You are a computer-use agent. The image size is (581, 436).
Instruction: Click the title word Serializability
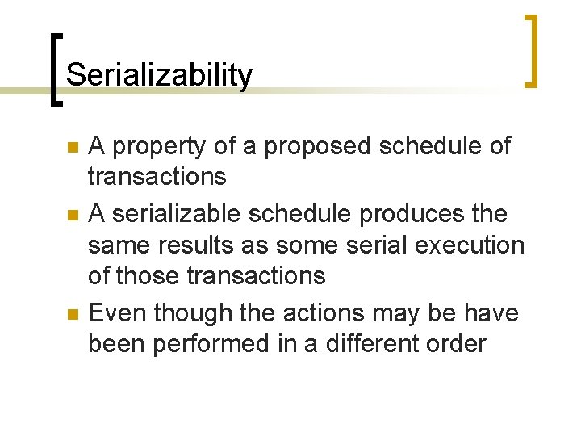[159, 75]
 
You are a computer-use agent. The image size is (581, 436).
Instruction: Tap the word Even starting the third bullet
[117, 312]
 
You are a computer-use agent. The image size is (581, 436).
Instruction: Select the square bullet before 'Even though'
[73, 314]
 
